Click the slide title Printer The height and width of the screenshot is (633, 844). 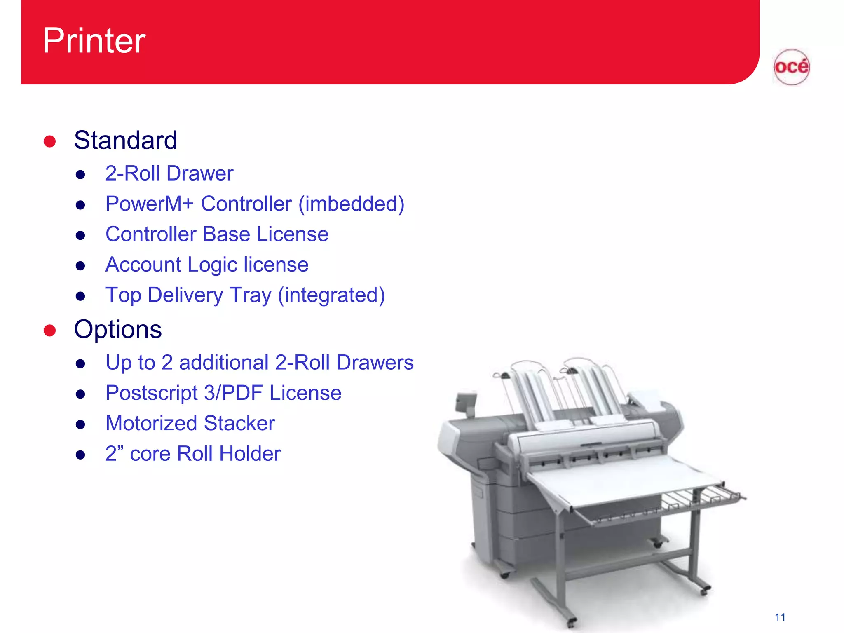coord(94,40)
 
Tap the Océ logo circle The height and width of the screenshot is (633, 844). coord(791,67)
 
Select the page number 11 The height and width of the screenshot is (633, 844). coord(780,617)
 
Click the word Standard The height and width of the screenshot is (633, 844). coord(125,140)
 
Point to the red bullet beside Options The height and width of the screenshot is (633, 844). coord(49,330)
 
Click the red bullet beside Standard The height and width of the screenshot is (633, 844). coord(49,141)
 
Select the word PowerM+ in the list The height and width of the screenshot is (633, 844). coord(149,204)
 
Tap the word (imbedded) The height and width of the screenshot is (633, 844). coord(351,204)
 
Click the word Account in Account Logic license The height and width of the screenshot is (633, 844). coord(143,264)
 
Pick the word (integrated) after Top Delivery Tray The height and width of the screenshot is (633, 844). coord(331,295)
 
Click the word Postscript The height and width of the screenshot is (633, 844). coord(151,393)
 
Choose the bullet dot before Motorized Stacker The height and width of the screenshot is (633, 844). coord(80,424)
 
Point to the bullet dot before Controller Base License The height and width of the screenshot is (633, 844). coord(80,235)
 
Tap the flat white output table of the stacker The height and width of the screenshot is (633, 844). coord(618,482)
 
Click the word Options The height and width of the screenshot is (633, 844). coord(118,329)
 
